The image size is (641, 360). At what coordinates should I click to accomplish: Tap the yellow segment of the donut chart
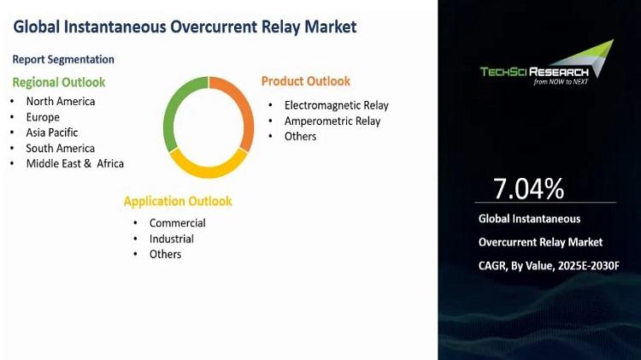tap(208, 170)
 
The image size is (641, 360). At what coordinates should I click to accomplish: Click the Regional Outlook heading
tap(59, 82)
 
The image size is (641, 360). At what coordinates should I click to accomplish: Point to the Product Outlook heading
tap(306, 81)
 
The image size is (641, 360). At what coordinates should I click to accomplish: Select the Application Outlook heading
tap(178, 201)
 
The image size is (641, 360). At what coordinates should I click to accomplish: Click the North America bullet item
tap(61, 101)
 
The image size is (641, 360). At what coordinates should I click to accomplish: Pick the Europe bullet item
tap(43, 117)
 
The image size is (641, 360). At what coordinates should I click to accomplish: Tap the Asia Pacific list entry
tap(52, 133)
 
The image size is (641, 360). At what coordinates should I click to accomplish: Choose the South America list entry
tap(61, 148)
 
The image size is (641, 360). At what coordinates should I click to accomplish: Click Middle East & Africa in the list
tap(75, 163)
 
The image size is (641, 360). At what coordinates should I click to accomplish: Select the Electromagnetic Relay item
tap(337, 105)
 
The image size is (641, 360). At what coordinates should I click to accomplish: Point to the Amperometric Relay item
tap(332, 121)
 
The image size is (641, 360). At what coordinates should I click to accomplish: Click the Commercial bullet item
tap(178, 223)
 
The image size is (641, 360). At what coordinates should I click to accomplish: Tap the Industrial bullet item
tap(172, 239)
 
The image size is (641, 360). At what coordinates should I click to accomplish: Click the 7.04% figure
tap(528, 188)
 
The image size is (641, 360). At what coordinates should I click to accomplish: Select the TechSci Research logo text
tap(534, 72)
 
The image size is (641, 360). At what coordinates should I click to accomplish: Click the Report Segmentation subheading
tap(63, 59)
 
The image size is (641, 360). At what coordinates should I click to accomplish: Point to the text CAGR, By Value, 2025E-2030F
tap(549, 266)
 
